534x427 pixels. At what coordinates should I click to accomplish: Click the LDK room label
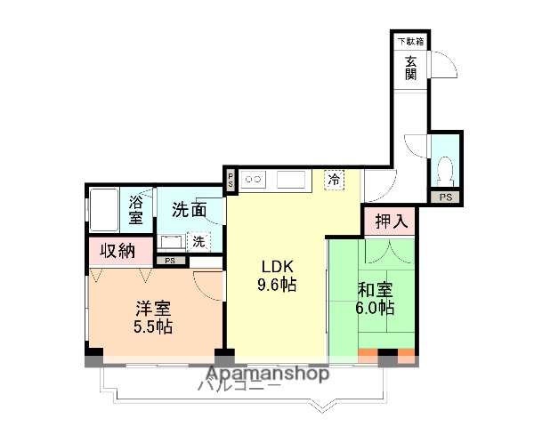(x=276, y=267)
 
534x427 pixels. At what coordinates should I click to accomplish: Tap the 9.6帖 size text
(x=276, y=286)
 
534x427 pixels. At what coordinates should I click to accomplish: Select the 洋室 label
(x=153, y=308)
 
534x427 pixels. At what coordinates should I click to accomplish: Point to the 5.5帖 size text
(x=153, y=326)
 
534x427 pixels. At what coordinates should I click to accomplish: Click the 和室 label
(x=375, y=289)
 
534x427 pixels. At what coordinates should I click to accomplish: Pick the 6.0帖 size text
(x=375, y=309)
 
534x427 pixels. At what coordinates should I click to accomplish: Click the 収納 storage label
(x=117, y=250)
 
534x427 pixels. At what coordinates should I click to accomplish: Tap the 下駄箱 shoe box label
(x=409, y=41)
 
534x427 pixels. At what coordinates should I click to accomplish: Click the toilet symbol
(x=448, y=168)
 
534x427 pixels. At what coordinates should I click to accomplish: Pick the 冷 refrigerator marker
(x=334, y=179)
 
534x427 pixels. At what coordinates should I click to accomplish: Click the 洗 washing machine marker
(x=198, y=240)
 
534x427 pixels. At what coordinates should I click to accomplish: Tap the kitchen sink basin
(x=291, y=180)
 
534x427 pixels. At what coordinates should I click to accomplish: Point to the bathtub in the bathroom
(x=106, y=210)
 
